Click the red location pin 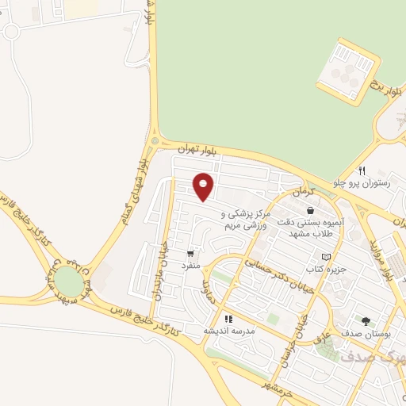[x=204, y=186]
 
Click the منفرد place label [x=190, y=267]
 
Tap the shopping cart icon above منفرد [x=190, y=254]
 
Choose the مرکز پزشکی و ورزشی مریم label [x=247, y=220]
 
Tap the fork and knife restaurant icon [x=362, y=170]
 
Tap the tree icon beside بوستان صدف [x=366, y=321]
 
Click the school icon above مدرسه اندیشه [x=228, y=318]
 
